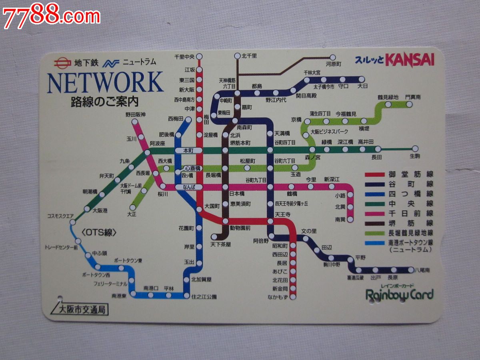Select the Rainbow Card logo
(x=400, y=295)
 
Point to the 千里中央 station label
(x=184, y=56)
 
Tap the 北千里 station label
(x=249, y=56)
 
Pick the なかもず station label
(x=278, y=297)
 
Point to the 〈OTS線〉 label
(x=98, y=232)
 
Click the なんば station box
(x=188, y=187)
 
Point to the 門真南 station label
(x=412, y=97)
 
